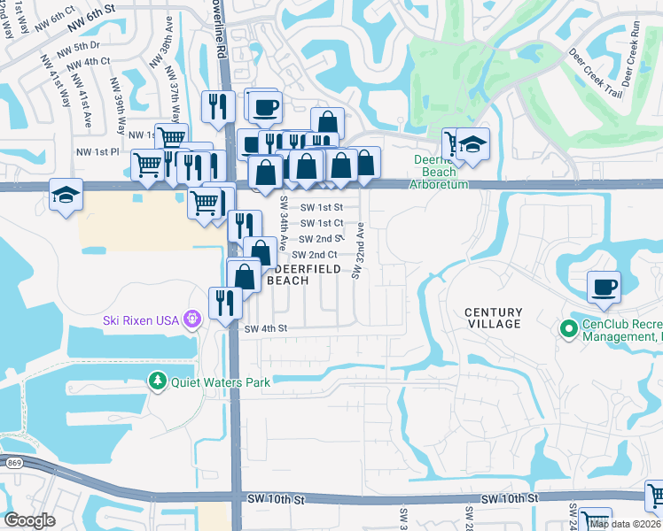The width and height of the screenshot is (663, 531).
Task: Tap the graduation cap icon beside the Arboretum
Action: click(473, 145)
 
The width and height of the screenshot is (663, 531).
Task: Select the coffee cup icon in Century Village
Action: click(604, 288)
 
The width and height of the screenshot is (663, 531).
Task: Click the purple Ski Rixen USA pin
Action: click(191, 319)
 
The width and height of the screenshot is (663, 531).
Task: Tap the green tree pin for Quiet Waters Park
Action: click(157, 381)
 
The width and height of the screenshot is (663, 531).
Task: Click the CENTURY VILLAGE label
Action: click(493, 319)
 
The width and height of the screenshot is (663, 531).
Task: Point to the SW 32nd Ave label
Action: click(359, 250)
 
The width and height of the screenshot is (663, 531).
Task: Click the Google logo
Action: click(29, 520)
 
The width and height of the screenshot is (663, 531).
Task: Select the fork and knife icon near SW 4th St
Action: click(226, 303)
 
